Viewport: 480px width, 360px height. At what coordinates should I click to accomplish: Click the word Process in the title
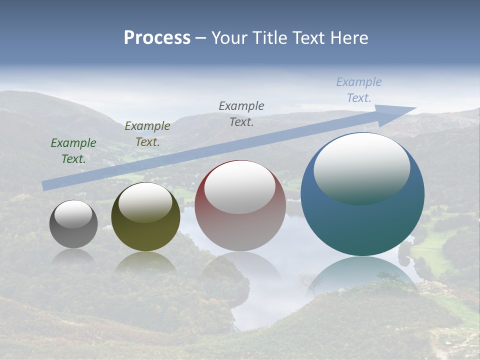[157, 38]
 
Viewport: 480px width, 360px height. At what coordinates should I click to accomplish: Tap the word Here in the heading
[348, 38]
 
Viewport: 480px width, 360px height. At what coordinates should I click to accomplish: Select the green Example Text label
[73, 151]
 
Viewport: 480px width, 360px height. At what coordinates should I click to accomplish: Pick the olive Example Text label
[147, 134]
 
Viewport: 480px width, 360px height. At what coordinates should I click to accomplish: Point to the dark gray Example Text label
[241, 113]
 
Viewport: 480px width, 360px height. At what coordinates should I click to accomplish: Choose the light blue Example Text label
[359, 90]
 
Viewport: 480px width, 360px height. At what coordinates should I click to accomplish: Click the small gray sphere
[73, 235]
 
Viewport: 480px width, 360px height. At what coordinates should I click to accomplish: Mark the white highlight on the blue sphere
[361, 168]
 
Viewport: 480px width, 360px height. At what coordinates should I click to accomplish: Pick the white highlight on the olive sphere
[145, 202]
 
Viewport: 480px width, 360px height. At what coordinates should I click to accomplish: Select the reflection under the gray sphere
[73, 256]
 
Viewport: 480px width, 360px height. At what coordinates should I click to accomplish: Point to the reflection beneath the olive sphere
[145, 262]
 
